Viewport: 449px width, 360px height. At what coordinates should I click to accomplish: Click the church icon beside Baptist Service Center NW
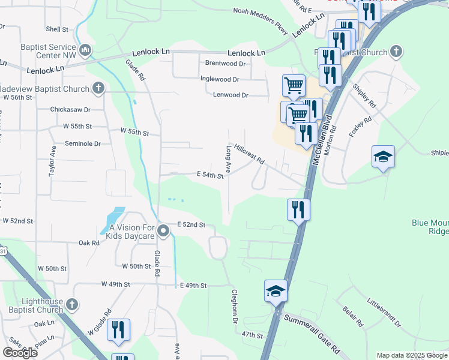click(85, 49)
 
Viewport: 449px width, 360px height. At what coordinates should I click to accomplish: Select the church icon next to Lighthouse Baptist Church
click(73, 305)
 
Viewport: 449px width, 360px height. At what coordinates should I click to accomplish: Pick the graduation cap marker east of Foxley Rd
click(383, 157)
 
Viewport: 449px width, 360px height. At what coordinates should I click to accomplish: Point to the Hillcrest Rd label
click(250, 154)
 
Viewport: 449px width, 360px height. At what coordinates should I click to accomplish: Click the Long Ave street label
click(228, 157)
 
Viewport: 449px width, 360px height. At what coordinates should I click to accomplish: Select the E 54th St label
click(209, 176)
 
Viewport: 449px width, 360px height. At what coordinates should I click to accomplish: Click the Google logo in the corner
click(20, 352)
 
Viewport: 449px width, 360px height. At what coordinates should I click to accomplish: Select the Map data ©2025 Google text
click(411, 355)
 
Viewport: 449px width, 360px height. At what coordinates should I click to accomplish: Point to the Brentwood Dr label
click(226, 63)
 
